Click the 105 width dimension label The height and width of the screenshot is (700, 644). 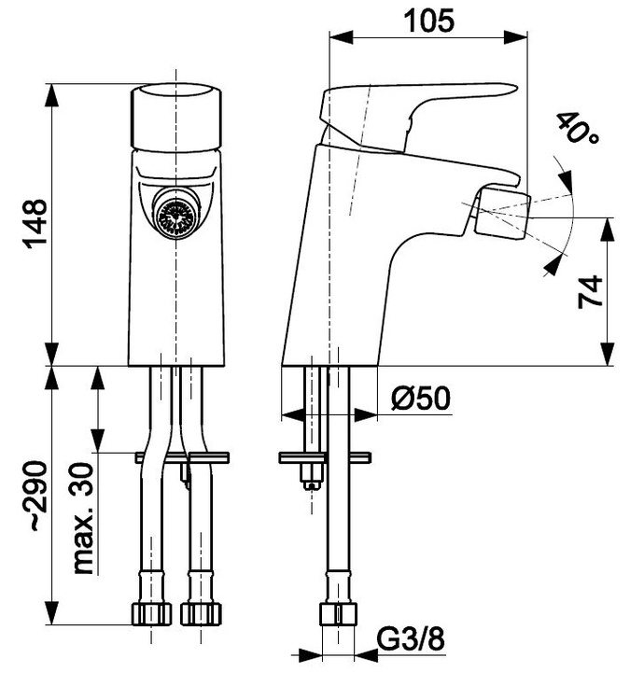point(429,21)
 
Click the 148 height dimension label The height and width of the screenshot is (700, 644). point(35,224)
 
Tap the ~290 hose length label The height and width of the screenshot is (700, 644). point(35,497)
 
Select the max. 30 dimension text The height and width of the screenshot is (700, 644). point(83,518)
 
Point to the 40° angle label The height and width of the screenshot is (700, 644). point(577,128)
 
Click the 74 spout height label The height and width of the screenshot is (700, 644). point(590,292)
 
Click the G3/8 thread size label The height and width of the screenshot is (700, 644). point(411,639)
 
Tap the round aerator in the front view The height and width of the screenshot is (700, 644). point(176,214)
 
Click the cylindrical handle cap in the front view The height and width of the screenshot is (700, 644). point(175,117)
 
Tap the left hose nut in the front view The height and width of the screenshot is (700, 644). point(152,614)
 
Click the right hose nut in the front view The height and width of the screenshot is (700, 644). point(202,614)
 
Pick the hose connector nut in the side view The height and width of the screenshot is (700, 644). point(338,614)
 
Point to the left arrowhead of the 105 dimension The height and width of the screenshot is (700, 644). point(341,37)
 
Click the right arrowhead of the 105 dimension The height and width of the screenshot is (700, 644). point(516,37)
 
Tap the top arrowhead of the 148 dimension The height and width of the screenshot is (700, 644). point(52,94)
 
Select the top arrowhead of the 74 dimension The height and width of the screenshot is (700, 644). point(607,230)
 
